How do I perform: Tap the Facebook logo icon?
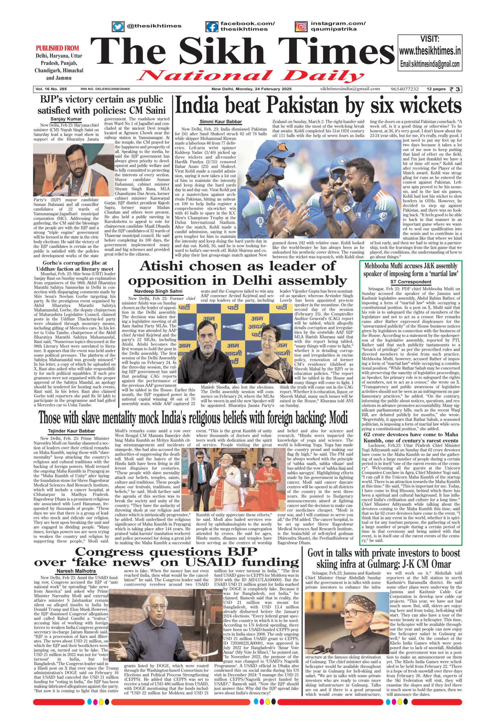pyautogui.click(x=212, y=26)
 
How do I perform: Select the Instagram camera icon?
pyautogui.click(x=301, y=26)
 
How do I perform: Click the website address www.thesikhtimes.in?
pyautogui.click(x=430, y=51)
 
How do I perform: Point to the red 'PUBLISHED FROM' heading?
pyautogui.click(x=57, y=48)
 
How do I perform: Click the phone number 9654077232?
pyautogui.click(x=405, y=89)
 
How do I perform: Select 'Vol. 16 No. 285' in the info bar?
pyautogui.click(x=51, y=89)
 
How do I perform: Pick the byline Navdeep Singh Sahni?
pyautogui.click(x=158, y=291)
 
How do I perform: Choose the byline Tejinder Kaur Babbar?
pyautogui.click(x=72, y=431)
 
